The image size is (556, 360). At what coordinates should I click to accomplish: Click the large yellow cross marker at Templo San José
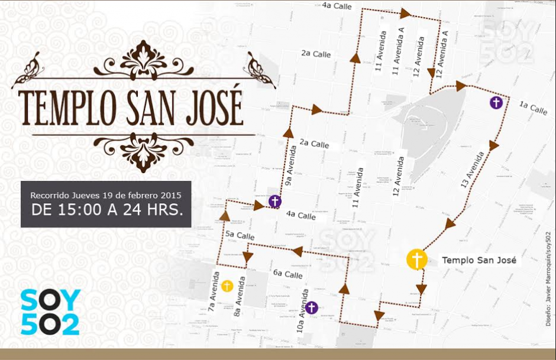[417, 260]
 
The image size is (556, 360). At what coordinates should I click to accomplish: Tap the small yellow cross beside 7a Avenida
[227, 286]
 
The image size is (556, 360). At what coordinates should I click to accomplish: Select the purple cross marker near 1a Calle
[497, 103]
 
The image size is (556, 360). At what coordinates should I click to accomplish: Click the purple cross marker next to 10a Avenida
[311, 307]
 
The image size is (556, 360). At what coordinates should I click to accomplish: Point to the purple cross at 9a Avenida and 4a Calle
[274, 202]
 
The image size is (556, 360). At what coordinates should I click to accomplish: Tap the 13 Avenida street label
[473, 170]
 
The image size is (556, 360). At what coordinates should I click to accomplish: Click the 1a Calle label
[533, 108]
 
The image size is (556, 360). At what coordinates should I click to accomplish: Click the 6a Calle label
[287, 274]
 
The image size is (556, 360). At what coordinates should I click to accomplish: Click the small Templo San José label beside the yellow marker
[479, 260]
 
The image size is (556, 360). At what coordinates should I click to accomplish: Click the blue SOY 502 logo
[50, 312]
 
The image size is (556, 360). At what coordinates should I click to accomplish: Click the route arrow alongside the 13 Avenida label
[494, 145]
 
